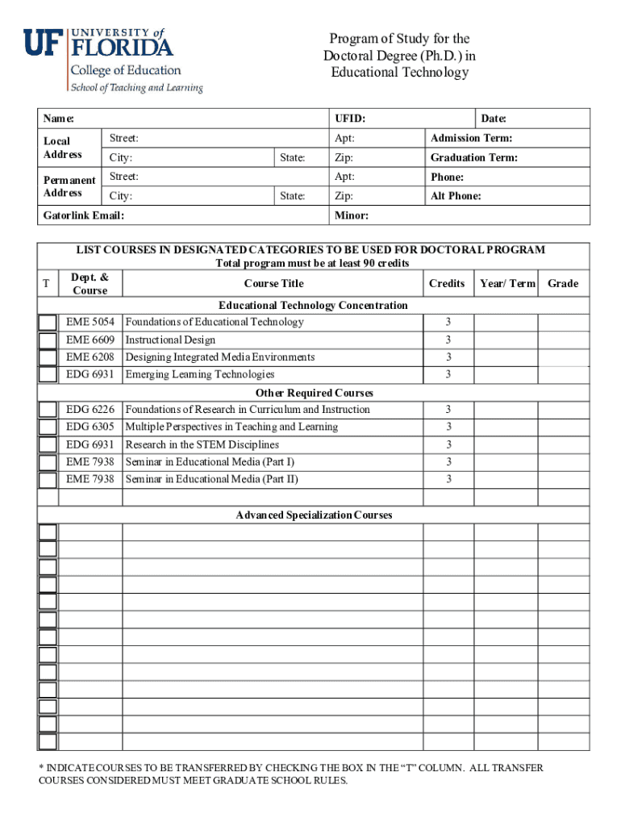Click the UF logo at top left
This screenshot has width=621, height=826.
tap(42, 42)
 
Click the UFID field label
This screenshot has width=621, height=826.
tap(349, 119)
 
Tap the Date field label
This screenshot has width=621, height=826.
tap(494, 119)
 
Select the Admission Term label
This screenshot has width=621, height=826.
tap(471, 139)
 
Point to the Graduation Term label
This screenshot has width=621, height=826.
tap(474, 158)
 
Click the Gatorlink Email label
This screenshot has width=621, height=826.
tap(84, 216)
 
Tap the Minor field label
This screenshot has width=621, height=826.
tap(352, 216)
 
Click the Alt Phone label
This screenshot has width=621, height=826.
tap(456, 196)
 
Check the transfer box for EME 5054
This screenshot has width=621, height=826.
tap(48, 323)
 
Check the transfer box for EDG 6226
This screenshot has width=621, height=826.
tap(48, 410)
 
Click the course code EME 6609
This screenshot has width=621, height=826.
tap(90, 340)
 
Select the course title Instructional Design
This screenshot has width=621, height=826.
tap(170, 340)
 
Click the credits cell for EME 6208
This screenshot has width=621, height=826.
tap(448, 357)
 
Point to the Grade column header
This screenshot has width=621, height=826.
tap(563, 283)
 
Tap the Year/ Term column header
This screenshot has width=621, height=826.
tap(507, 283)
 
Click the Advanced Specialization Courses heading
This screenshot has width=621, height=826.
tap(314, 515)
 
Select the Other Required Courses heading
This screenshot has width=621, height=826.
tap(314, 393)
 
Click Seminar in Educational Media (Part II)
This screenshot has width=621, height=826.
tap(211, 479)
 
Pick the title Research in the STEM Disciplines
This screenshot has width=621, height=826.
tap(202, 444)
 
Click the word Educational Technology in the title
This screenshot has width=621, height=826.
tap(399, 73)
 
